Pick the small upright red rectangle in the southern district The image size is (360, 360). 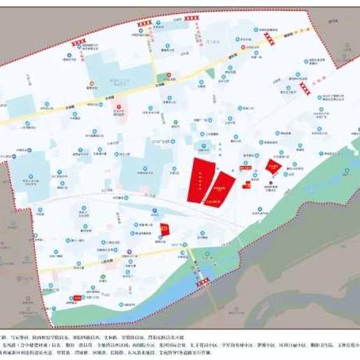(x=165, y=229)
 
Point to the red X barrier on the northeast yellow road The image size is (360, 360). (x=270, y=38)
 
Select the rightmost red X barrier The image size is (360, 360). (x=305, y=91)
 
